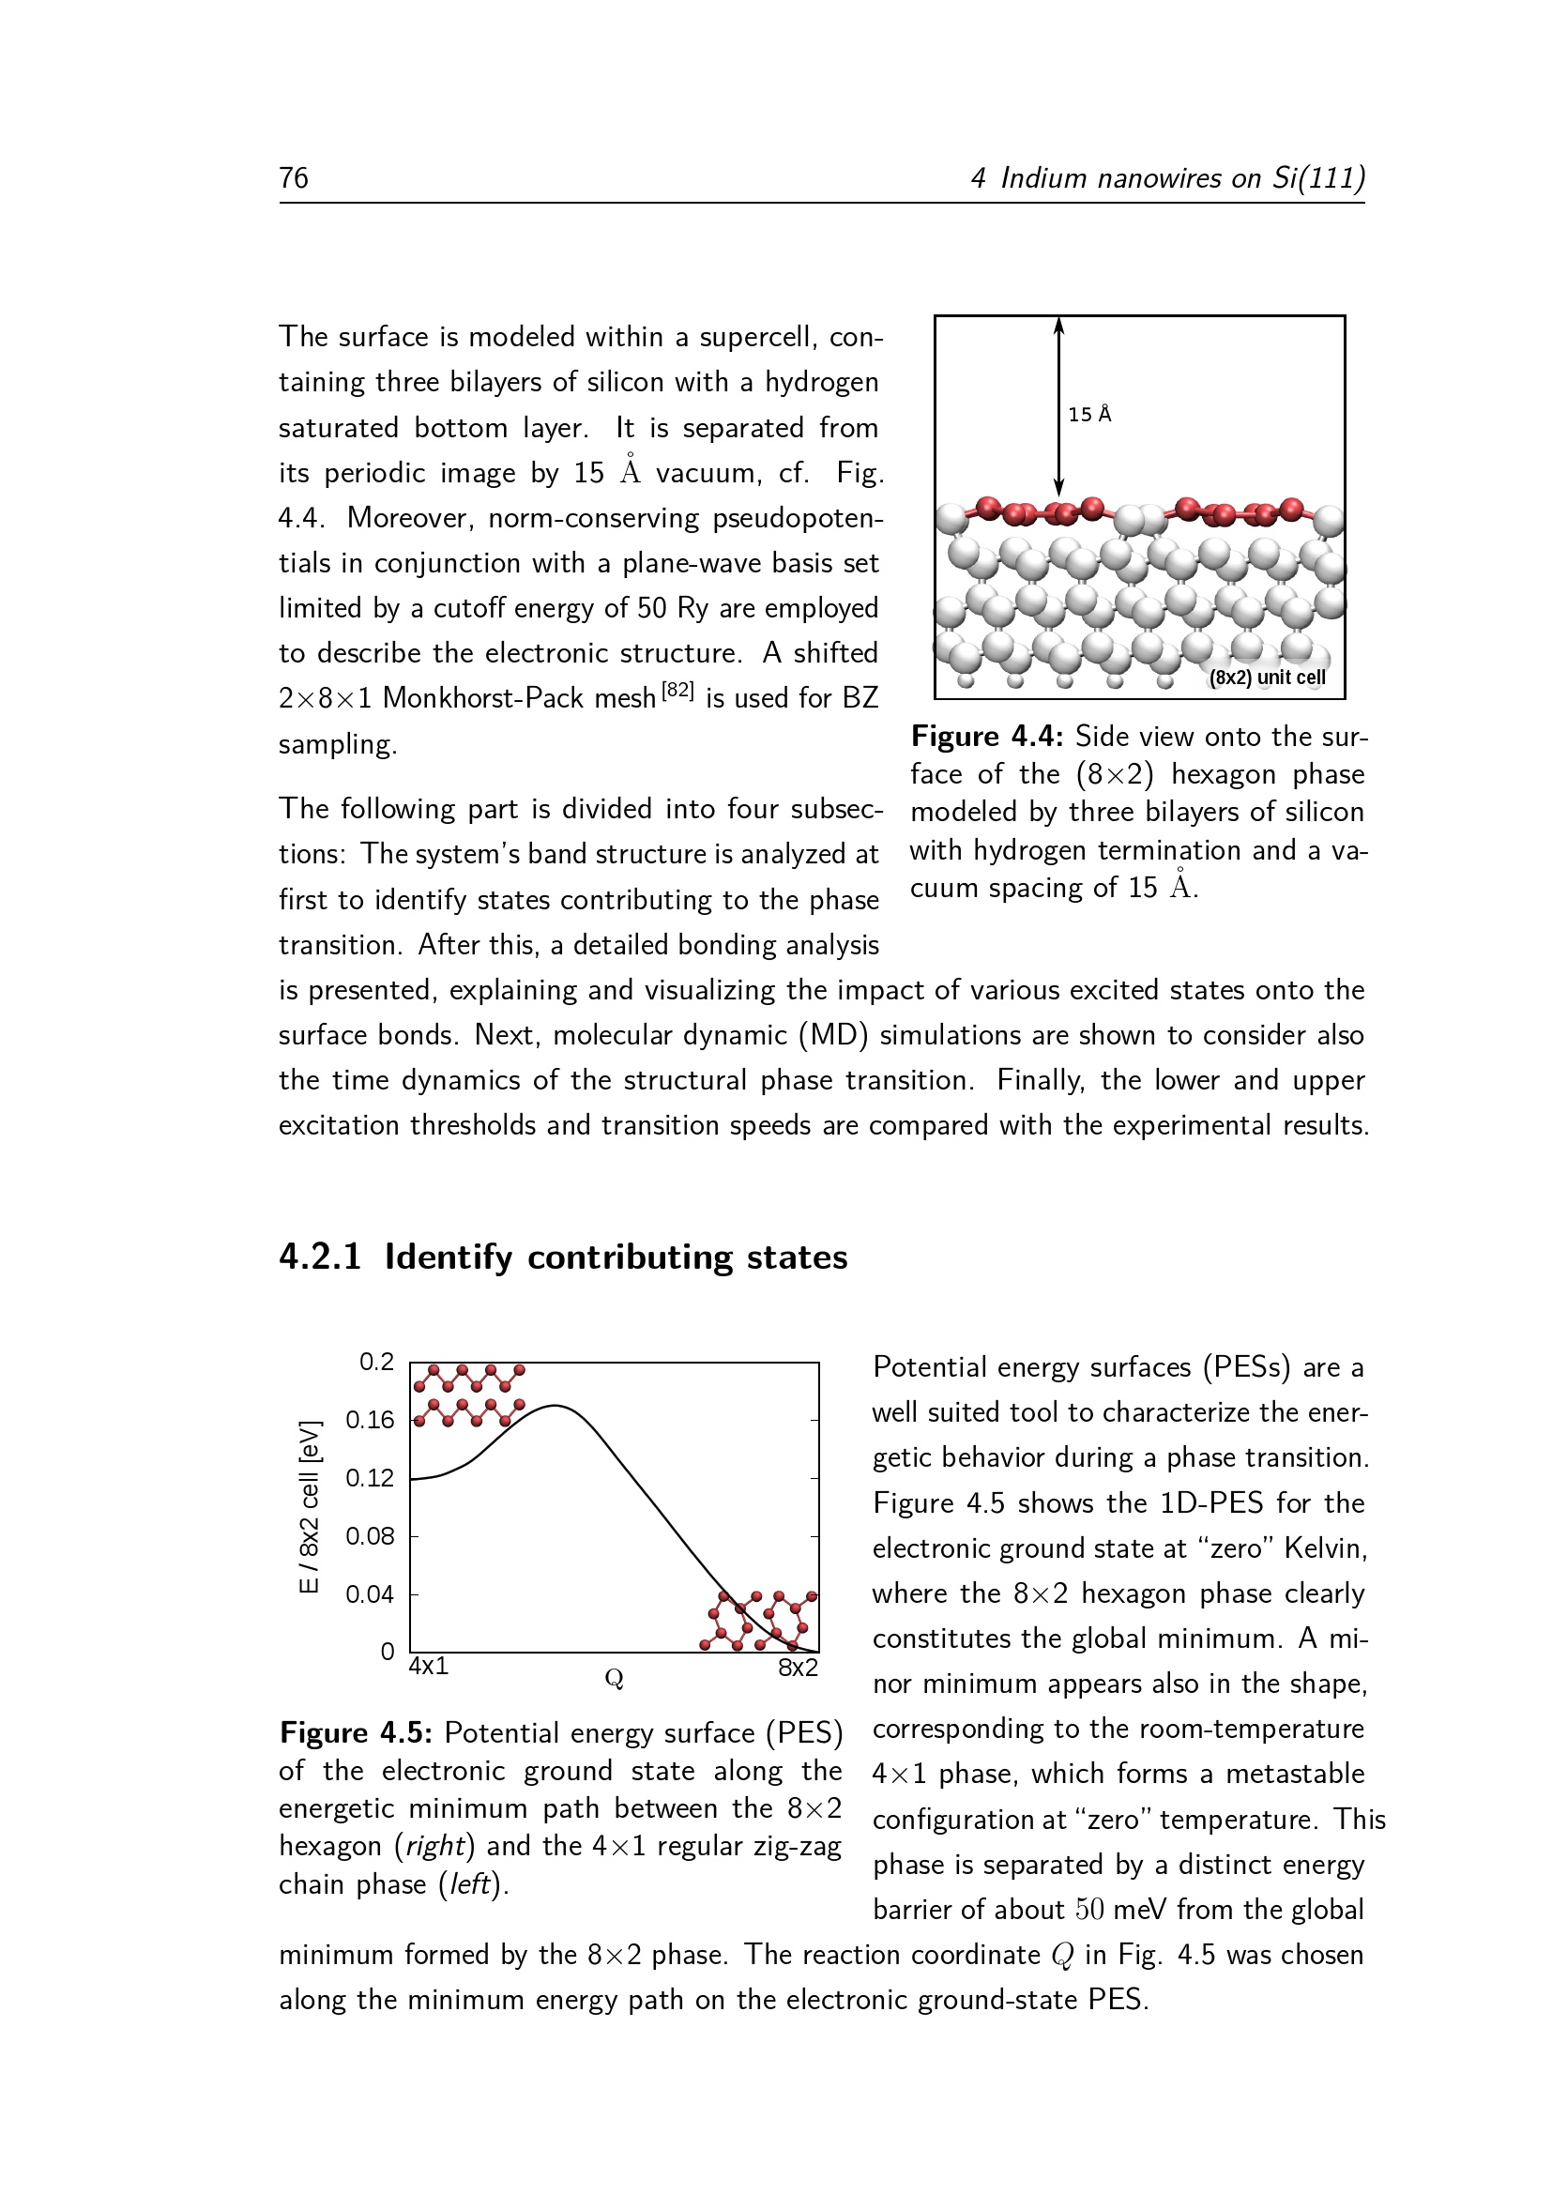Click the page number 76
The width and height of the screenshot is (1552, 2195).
click(x=294, y=179)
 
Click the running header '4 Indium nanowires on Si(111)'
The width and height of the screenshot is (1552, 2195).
click(x=1167, y=179)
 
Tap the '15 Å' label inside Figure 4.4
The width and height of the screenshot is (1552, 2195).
click(x=1089, y=415)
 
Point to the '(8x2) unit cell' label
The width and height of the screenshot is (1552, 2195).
click(x=1266, y=678)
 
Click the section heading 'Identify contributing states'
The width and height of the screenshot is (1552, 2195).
click(x=616, y=1258)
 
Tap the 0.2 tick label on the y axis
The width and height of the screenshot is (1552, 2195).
click(x=376, y=1362)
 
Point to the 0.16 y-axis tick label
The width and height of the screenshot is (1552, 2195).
click(x=370, y=1420)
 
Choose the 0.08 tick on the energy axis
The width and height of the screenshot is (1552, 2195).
click(x=370, y=1536)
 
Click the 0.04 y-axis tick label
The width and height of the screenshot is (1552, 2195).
click(x=370, y=1594)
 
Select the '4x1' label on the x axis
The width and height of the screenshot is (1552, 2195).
click(x=428, y=1667)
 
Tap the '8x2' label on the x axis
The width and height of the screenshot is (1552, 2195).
click(x=798, y=1669)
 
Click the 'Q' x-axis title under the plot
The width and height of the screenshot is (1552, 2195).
click(x=614, y=1679)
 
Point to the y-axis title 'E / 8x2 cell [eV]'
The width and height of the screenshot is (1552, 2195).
click(x=309, y=1507)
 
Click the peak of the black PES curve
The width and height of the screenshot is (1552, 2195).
click(x=555, y=1406)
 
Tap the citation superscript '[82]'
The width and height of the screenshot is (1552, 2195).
click(x=677, y=691)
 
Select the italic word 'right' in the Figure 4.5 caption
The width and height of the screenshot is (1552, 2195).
click(x=434, y=1846)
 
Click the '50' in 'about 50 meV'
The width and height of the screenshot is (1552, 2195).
click(x=1089, y=1910)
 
